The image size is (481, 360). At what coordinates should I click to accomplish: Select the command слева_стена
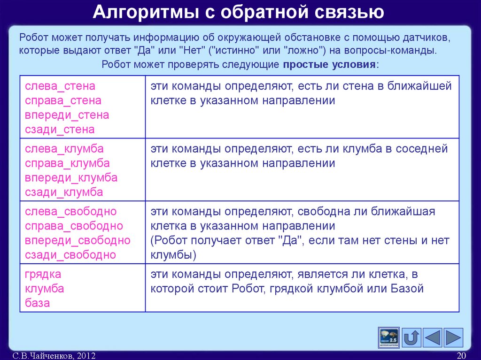point(60,86)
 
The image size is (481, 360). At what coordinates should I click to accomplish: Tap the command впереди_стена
point(67,115)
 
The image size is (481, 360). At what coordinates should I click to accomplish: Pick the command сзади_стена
point(60,130)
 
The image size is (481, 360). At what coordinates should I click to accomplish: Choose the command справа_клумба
point(67,163)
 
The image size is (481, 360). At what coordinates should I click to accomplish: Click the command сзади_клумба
point(64,192)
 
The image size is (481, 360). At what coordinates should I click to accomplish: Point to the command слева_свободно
point(70,212)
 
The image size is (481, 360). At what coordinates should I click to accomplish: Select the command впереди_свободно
point(78,241)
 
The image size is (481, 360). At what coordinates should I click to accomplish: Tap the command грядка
point(43,274)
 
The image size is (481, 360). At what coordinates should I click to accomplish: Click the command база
point(37,303)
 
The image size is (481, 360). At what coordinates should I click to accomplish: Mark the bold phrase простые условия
point(329,65)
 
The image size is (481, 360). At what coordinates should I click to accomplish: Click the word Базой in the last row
point(407,289)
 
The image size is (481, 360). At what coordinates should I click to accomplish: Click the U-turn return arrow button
point(411,337)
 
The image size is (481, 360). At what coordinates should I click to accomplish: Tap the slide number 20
point(461,356)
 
